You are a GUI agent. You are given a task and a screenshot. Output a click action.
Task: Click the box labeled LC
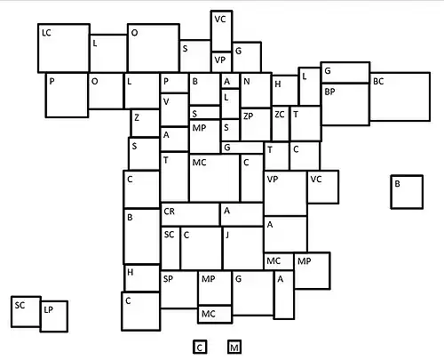(x=64, y=48)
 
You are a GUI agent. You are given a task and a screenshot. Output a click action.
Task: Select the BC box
(x=400, y=97)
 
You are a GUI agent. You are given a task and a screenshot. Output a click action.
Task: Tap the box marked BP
(x=345, y=104)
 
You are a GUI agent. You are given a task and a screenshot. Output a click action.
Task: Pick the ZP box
(x=256, y=124)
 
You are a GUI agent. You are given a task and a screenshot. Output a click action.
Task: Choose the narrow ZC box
(x=281, y=124)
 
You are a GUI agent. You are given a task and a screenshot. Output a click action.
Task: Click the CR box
(x=190, y=214)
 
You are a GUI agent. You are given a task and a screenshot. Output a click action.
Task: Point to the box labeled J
(x=243, y=248)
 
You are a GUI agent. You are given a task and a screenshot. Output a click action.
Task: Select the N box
(x=256, y=90)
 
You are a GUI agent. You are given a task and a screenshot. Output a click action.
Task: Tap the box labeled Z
(x=145, y=124)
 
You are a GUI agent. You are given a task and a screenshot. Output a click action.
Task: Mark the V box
(x=175, y=110)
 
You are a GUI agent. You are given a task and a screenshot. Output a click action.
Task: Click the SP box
(x=179, y=290)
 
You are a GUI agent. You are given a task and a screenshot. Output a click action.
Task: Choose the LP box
(x=54, y=316)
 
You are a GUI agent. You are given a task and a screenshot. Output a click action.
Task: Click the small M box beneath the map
(x=234, y=347)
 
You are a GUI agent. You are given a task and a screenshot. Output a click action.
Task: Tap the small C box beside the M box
(x=200, y=347)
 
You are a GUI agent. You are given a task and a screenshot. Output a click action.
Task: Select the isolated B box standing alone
(x=407, y=192)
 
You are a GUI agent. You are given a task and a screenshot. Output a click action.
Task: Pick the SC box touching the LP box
(x=26, y=312)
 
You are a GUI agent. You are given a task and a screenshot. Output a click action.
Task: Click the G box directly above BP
(x=345, y=73)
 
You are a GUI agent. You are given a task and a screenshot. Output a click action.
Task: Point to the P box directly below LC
(x=67, y=95)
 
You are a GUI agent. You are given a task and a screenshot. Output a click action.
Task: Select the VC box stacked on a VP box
(x=221, y=31)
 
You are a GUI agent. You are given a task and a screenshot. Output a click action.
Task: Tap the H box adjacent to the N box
(x=285, y=91)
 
